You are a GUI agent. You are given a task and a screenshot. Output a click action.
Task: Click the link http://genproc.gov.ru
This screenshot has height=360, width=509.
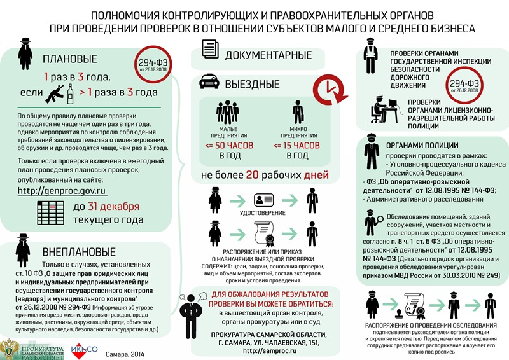tap(61, 190)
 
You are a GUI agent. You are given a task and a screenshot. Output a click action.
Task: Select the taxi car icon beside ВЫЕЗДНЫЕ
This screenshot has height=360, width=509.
tap(207, 83)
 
